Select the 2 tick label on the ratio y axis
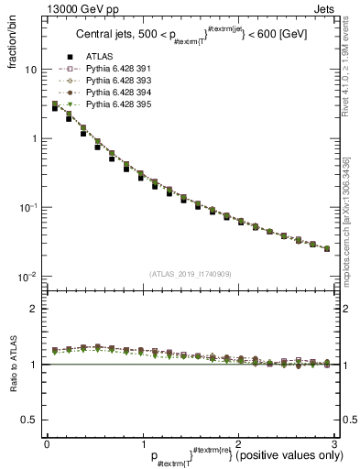point(33,309)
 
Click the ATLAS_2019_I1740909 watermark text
point(190,275)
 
